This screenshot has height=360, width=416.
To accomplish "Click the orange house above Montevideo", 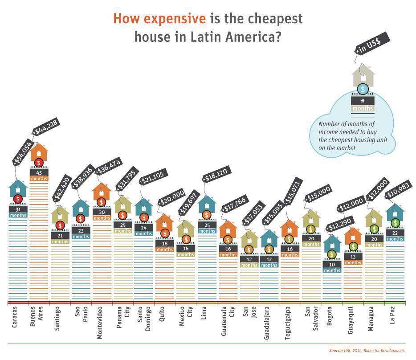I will (102, 192).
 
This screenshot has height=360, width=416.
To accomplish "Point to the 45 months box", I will (39, 175).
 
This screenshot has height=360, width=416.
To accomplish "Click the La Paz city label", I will (395, 318).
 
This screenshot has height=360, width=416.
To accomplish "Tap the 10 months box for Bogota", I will (332, 267).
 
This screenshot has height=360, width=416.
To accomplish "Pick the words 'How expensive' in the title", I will (159, 19).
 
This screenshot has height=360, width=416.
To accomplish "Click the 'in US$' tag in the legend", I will (372, 44).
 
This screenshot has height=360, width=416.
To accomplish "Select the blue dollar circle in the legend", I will (363, 90).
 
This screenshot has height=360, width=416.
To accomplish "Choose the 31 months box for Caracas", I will (18, 212).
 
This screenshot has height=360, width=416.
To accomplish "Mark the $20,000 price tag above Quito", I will (171, 196).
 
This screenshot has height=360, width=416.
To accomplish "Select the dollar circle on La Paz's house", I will (395, 223).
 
